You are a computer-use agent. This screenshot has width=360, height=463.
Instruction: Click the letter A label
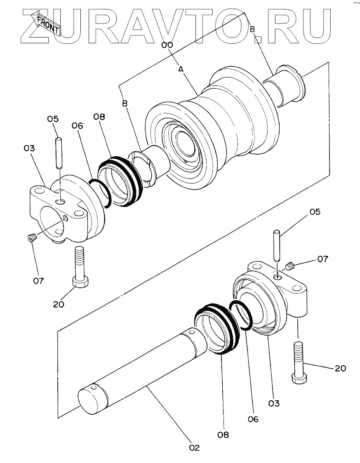pos(181,69)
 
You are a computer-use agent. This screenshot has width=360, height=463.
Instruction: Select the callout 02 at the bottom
pos(194,448)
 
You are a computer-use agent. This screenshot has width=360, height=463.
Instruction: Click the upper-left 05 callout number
pos(53,119)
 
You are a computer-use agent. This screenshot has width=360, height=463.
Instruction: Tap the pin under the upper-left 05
pos(59,153)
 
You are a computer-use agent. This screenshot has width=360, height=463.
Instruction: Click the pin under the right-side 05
pos(276,245)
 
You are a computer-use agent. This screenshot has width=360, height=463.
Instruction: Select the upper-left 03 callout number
pos(29,148)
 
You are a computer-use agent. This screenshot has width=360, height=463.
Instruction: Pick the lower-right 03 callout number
pos(274,403)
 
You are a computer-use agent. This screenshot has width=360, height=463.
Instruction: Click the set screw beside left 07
pos(32,237)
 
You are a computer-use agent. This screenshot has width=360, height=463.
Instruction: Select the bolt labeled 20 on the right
pos(299,362)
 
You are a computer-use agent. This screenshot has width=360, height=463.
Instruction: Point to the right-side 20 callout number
pos(340,368)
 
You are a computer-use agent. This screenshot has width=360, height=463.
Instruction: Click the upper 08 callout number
pos(99,117)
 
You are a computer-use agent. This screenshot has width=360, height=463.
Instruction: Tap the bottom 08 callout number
pos(223,435)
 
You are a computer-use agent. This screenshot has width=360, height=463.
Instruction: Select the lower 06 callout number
pos(253,419)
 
